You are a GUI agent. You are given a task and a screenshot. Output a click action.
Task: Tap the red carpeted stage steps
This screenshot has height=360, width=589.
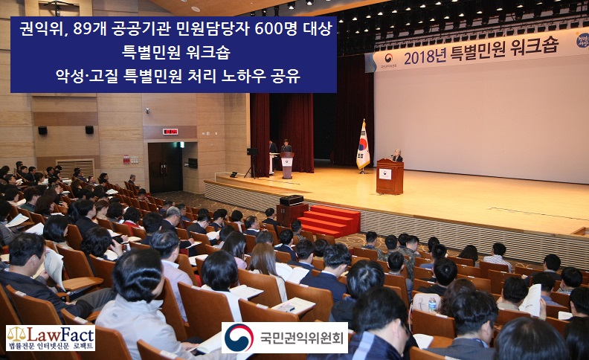tap(329, 221)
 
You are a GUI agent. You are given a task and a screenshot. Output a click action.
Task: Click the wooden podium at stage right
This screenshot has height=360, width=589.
tap(390, 176)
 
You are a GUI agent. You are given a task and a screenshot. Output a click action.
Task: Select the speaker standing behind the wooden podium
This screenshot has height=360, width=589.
tap(397, 155)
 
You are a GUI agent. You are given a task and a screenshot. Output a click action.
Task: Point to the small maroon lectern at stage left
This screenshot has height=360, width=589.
tap(287, 164)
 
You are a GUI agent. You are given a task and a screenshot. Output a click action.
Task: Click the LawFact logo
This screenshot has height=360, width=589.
tap(51, 338)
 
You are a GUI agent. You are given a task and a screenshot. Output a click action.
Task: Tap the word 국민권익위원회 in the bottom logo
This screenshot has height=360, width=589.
tap(302, 338)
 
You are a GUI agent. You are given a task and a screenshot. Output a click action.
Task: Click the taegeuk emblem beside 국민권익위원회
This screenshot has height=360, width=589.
tap(239, 338)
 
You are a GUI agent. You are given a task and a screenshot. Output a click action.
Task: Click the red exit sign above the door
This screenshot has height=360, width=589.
tap(170, 132)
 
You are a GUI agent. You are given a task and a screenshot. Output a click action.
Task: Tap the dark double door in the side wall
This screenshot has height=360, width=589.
tap(165, 167)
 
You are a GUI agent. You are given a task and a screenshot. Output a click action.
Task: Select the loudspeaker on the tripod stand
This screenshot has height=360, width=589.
tap(252, 152)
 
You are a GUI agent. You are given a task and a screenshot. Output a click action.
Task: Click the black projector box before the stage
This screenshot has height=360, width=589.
tap(292, 200)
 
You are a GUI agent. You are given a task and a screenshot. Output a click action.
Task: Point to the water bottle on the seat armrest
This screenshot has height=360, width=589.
tap(432, 304)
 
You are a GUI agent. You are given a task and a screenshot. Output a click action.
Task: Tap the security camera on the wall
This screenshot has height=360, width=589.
tap(147, 111)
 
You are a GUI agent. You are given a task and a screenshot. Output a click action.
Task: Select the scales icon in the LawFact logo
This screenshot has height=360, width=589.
tap(15, 334)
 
